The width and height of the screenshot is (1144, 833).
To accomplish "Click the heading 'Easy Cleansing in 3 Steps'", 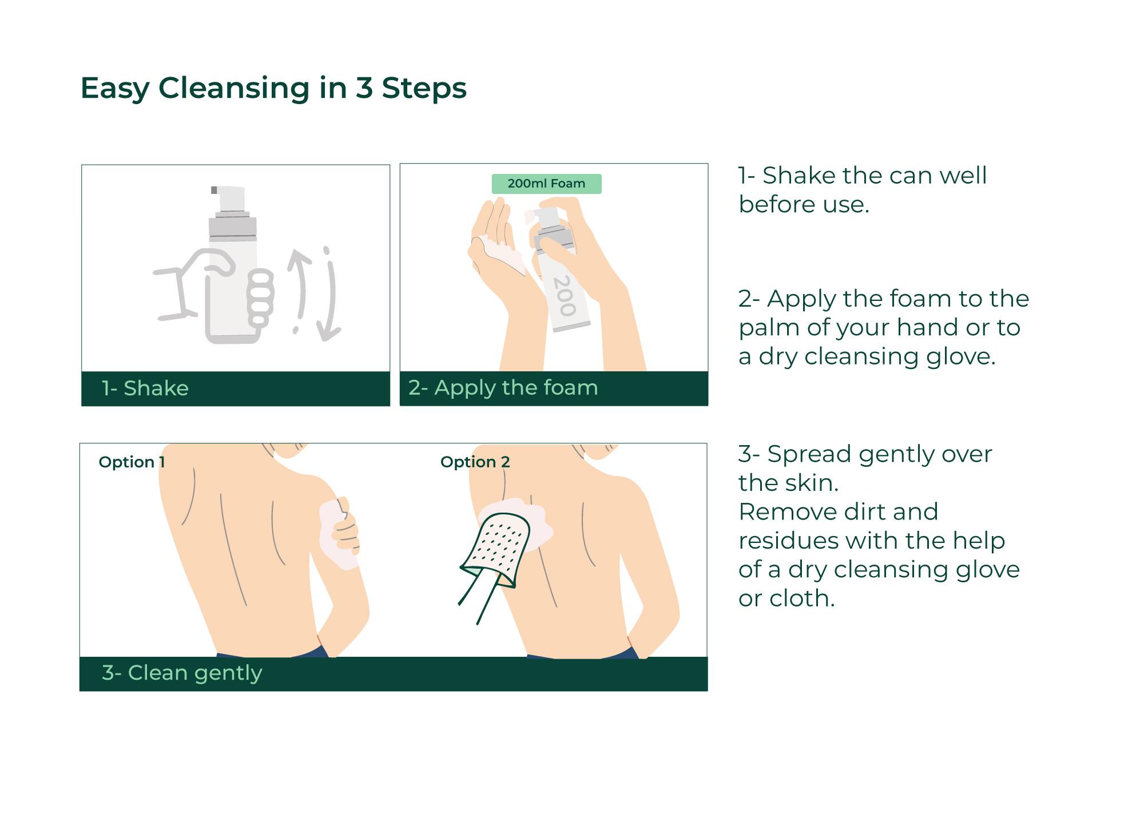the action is click(x=273, y=89).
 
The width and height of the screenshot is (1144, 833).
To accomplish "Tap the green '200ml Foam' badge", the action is click(x=546, y=184).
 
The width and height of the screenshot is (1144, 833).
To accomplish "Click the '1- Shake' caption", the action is click(x=145, y=388).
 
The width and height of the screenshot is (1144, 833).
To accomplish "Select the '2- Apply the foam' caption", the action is click(x=503, y=388).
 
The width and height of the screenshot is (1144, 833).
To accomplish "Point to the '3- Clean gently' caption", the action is click(x=182, y=673).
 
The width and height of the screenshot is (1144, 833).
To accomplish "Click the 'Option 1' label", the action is click(x=132, y=462).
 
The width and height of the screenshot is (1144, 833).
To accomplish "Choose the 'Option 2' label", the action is click(x=475, y=462).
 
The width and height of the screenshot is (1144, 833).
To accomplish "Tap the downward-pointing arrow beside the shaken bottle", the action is click(x=330, y=295).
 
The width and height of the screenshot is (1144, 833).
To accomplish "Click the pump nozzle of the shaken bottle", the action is click(x=229, y=197).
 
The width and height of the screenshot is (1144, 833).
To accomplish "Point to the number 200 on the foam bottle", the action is click(x=564, y=296).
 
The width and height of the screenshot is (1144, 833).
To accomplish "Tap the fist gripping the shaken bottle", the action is click(x=260, y=298).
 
